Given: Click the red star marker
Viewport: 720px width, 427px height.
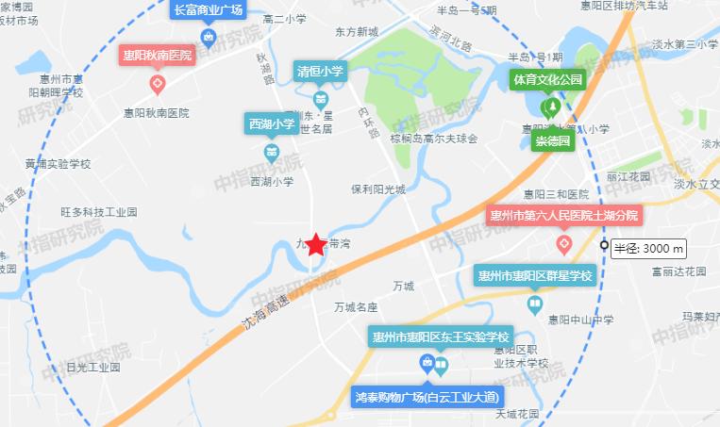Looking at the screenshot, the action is click(x=316, y=245).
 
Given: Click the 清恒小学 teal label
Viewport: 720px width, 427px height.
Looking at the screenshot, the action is click(x=321, y=71).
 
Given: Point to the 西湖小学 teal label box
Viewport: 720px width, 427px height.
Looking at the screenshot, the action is click(x=272, y=123).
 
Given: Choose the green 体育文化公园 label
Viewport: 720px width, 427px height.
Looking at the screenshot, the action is click(x=547, y=80).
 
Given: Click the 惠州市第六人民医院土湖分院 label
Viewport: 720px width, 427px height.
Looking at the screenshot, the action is click(x=563, y=215).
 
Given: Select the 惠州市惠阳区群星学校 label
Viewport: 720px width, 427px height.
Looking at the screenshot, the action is click(x=534, y=276).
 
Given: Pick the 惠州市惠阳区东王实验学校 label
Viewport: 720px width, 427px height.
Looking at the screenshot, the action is click(x=441, y=337).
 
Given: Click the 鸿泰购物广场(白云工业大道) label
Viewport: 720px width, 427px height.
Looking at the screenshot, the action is click(x=427, y=396).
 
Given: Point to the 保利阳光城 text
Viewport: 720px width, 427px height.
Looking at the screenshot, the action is click(x=377, y=189).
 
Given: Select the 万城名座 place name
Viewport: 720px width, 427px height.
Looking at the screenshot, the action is click(x=356, y=307).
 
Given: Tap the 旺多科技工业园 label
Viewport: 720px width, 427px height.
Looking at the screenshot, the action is click(x=98, y=213).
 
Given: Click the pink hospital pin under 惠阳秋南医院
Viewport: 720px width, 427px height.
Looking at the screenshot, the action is click(x=159, y=86).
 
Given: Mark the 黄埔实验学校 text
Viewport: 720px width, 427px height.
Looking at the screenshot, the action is click(x=58, y=163).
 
